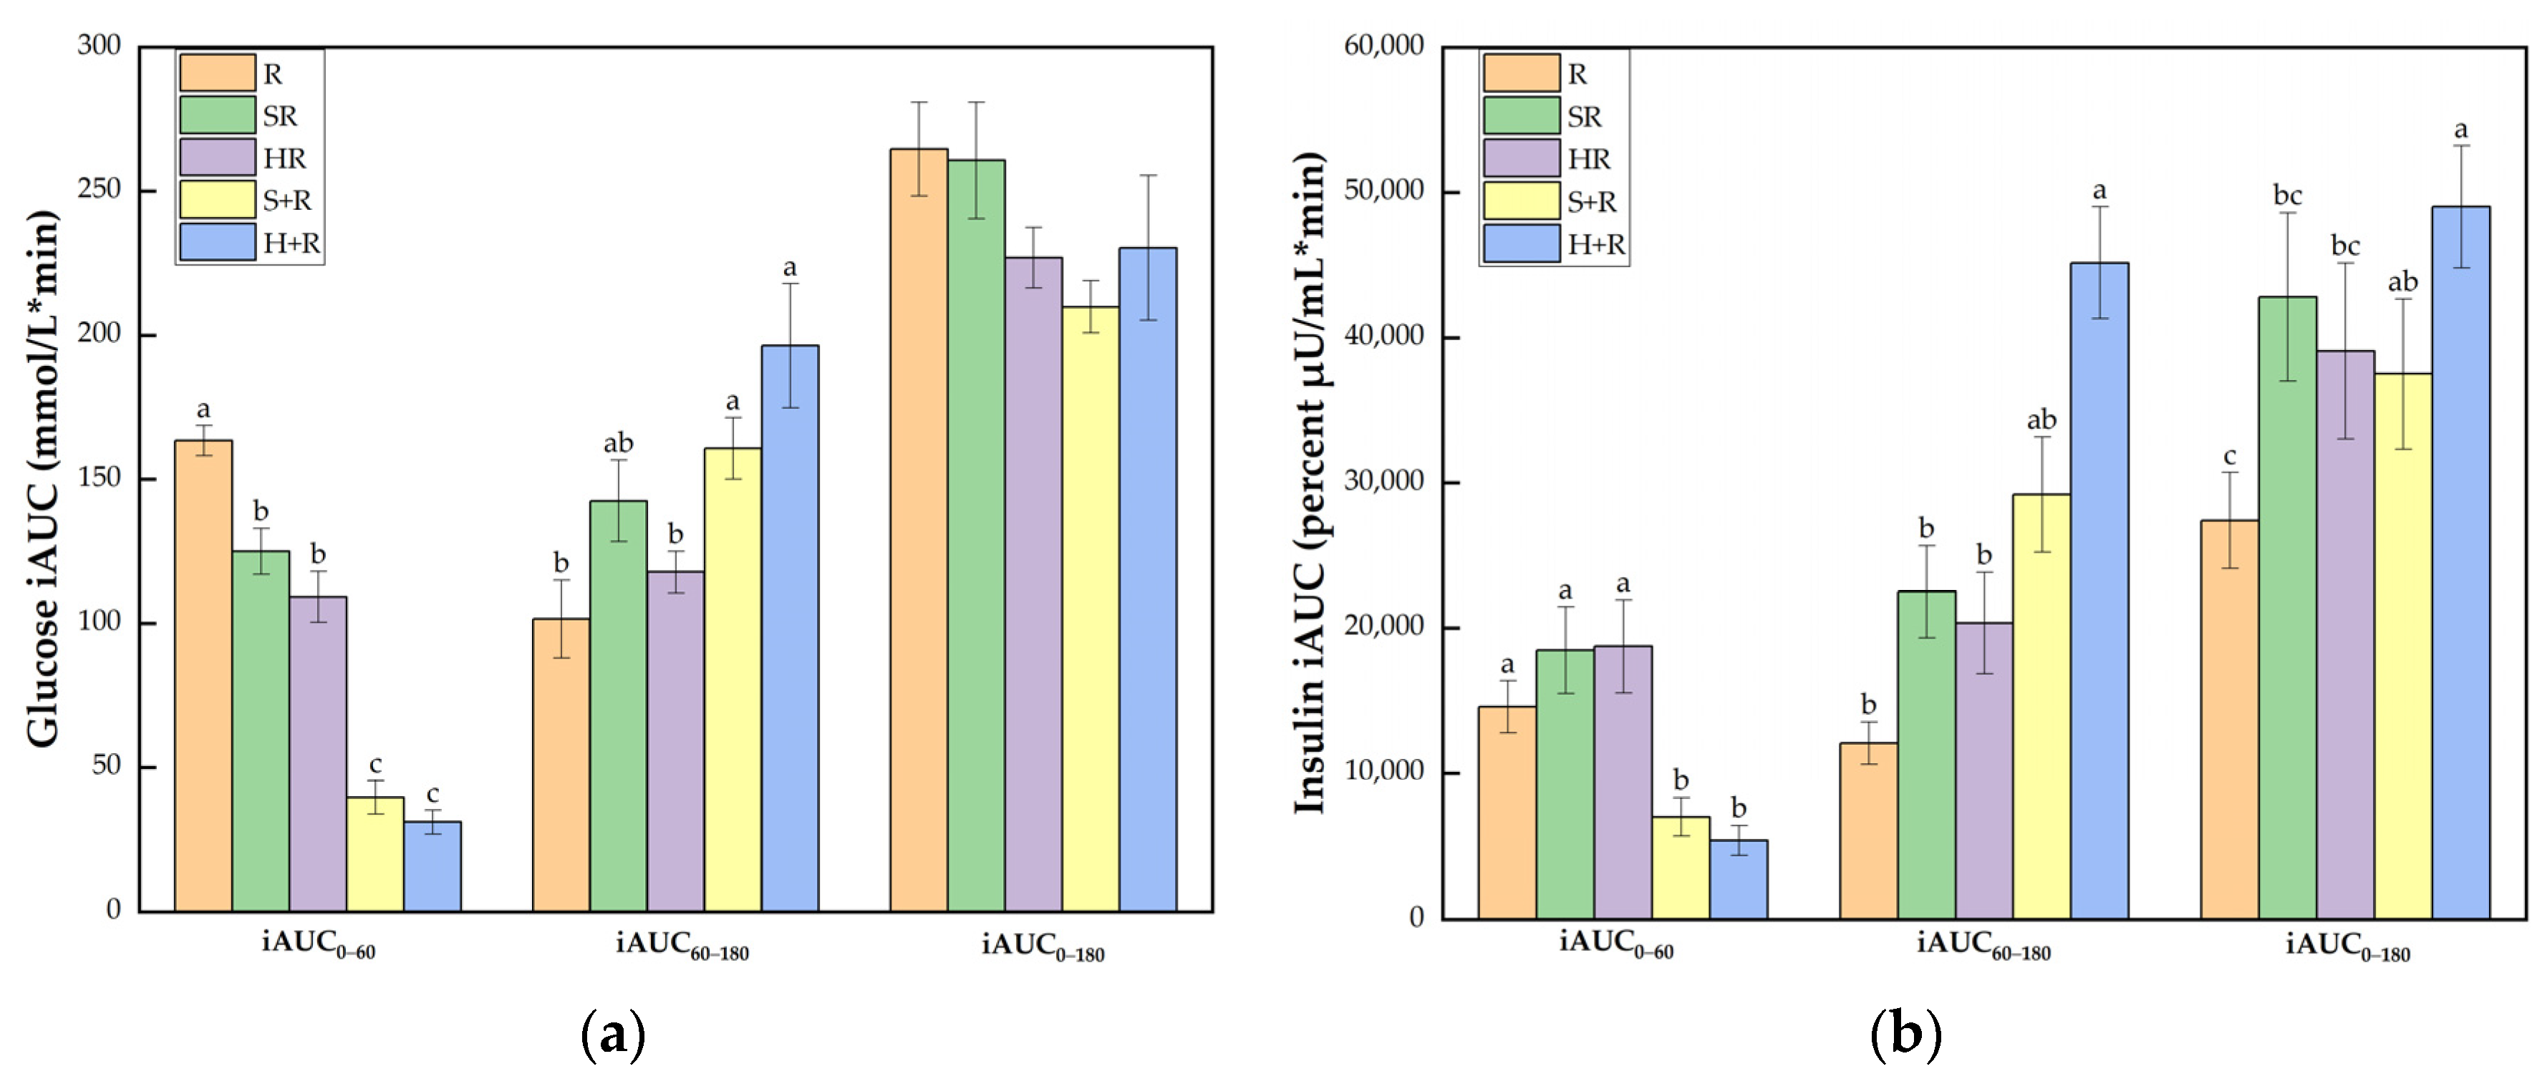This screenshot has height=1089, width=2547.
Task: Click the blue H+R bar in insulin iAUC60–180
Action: pyautogui.click(x=2099, y=590)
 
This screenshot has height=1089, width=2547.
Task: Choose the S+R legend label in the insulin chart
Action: pyautogui.click(x=1592, y=203)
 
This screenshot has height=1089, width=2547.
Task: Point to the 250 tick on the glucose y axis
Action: pyautogui.click(x=99, y=189)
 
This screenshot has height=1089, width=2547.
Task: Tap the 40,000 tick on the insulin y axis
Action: pyautogui.click(x=1383, y=336)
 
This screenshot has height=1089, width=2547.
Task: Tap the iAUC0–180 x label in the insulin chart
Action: pyautogui.click(x=2347, y=947)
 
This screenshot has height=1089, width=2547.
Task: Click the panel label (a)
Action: pyautogui.click(x=613, y=1035)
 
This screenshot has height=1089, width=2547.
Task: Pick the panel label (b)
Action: pyautogui.click(x=1905, y=1035)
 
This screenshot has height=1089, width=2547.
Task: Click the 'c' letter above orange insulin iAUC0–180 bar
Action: pyautogui.click(x=2230, y=457)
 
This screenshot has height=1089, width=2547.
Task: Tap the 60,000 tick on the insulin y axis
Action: pyautogui.click(x=1383, y=45)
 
